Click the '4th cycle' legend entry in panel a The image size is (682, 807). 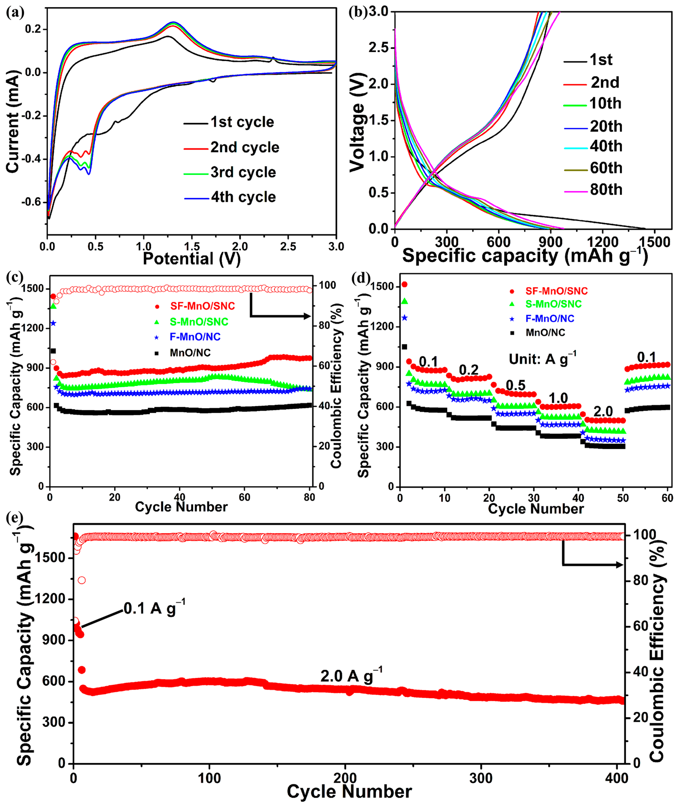coord(243,197)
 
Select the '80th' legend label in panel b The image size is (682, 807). coord(606,190)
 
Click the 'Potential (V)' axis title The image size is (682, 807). coord(192,259)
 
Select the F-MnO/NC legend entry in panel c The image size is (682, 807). coord(195,337)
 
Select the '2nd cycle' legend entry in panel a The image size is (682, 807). coord(244,147)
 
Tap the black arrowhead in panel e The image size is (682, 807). coord(619,565)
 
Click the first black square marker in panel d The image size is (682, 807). coord(404,347)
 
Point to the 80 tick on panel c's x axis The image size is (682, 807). coord(309,497)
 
